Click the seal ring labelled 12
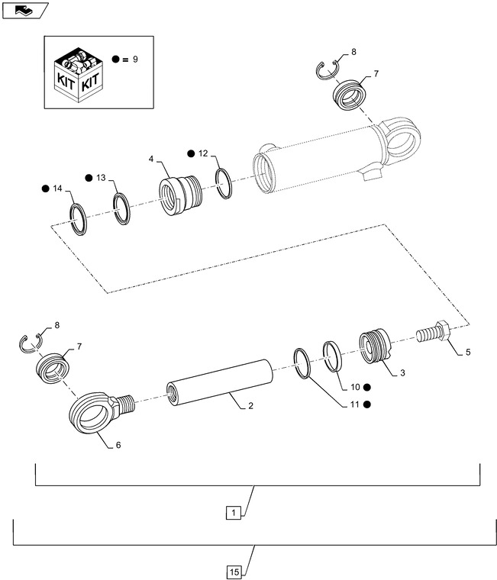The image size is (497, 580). tap(224, 183)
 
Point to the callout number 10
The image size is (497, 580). tap(355, 387)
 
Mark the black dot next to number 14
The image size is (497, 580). tap(45, 188)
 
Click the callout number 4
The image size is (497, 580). tap(152, 159)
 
